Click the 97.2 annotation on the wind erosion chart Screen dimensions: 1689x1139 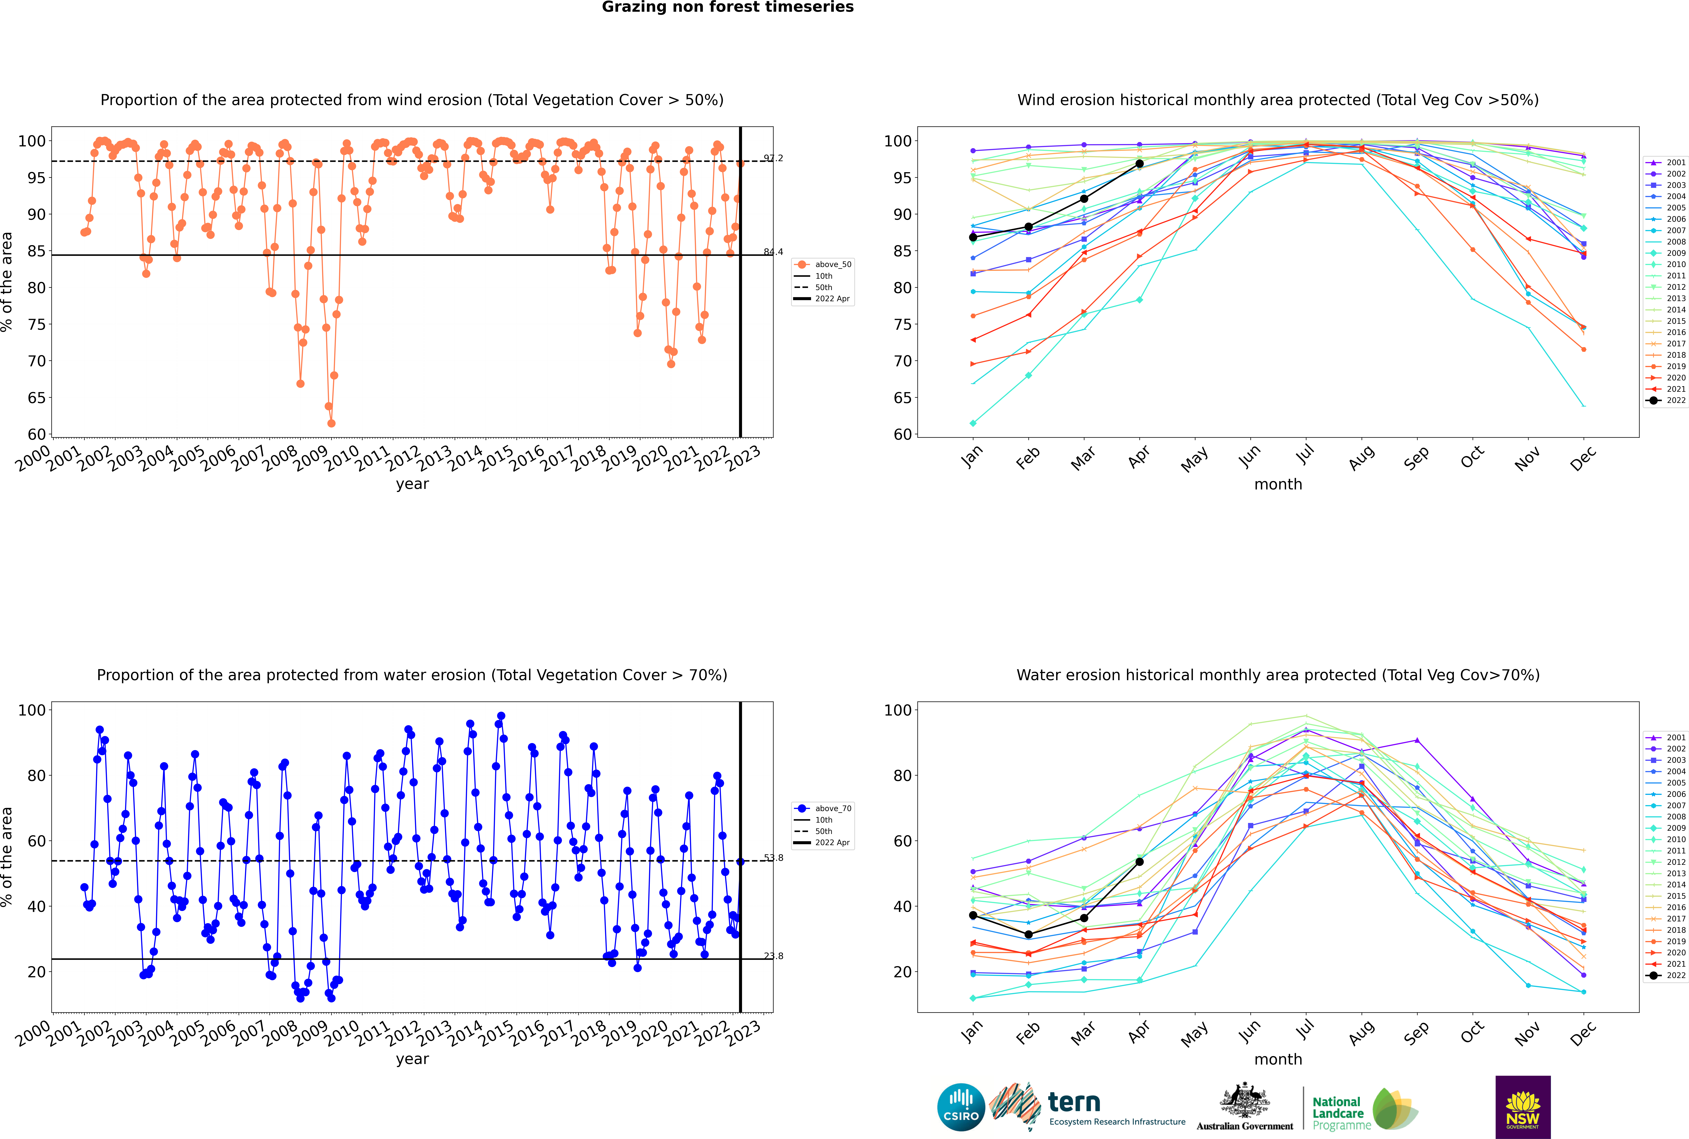pyautogui.click(x=773, y=158)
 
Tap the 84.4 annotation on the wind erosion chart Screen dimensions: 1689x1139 pyautogui.click(x=773, y=252)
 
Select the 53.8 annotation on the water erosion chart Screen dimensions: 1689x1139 pyautogui.click(x=773, y=858)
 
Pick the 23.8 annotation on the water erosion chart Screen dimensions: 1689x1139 pyautogui.click(x=773, y=956)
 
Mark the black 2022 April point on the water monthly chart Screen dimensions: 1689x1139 pyautogui.click(x=1139, y=862)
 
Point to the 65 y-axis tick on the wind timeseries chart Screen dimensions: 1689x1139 pyautogui.click(x=36, y=398)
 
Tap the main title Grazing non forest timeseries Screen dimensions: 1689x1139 pyautogui.click(x=728, y=7)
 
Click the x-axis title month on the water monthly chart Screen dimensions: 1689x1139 pyautogui.click(x=1278, y=1060)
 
